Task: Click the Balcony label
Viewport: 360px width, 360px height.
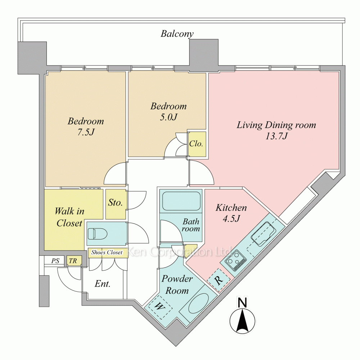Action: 177,34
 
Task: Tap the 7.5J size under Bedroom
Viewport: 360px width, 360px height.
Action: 86,132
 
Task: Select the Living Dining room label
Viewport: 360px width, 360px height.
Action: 276,125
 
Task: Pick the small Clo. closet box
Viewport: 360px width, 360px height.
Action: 197,144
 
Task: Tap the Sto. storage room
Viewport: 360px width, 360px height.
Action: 116,203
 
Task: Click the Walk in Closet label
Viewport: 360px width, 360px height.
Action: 69,217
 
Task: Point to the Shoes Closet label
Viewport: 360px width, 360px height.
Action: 107,253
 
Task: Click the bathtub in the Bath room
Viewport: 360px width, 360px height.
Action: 181,201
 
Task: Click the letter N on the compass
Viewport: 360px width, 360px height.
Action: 243,303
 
